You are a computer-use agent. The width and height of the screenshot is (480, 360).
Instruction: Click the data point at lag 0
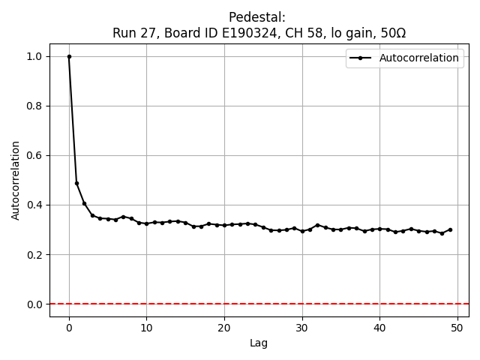click(69, 56)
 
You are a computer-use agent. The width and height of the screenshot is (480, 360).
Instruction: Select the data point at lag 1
click(76, 183)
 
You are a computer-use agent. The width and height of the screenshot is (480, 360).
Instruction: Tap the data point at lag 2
click(85, 203)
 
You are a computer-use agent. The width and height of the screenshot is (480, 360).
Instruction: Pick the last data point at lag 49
click(450, 229)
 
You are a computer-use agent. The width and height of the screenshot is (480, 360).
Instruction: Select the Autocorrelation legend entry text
click(418, 58)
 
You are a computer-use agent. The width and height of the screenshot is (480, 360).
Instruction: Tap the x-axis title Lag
click(259, 343)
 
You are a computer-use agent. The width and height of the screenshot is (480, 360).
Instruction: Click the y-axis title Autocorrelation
click(16, 180)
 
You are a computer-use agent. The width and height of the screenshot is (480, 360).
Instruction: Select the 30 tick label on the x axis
click(302, 326)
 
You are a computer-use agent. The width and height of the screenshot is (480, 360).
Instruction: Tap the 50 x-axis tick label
click(457, 326)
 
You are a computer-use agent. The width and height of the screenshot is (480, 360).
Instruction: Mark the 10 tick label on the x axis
click(146, 326)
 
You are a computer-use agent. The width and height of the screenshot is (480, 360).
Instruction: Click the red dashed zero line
click(262, 304)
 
